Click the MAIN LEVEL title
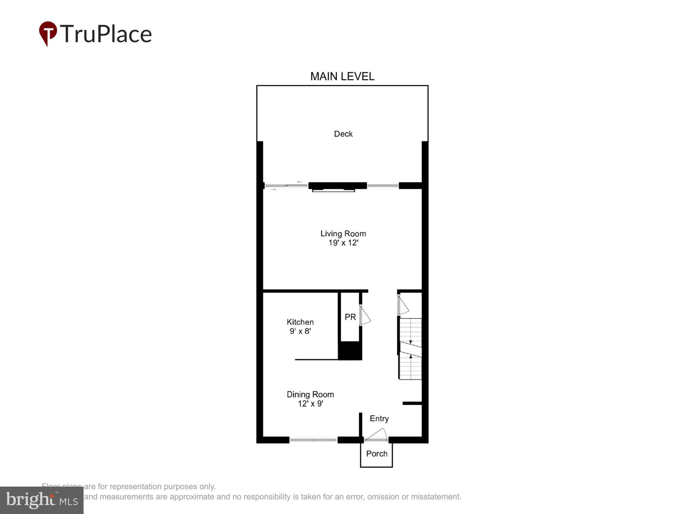[x=342, y=76]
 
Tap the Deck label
[x=343, y=134]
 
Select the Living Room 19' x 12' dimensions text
[x=343, y=243]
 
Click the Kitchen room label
[x=300, y=322]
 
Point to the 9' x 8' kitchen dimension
[x=300, y=331]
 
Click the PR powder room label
[x=350, y=317]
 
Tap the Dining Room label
[x=310, y=394]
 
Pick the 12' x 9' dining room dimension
[x=310, y=404]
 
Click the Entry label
[x=379, y=418]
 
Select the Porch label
[x=376, y=454]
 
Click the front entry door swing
[x=377, y=435]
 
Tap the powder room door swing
[x=365, y=315]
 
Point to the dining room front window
[x=313, y=440]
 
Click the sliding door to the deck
[x=286, y=186]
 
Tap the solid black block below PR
[x=350, y=351]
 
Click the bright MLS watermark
[x=42, y=500]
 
